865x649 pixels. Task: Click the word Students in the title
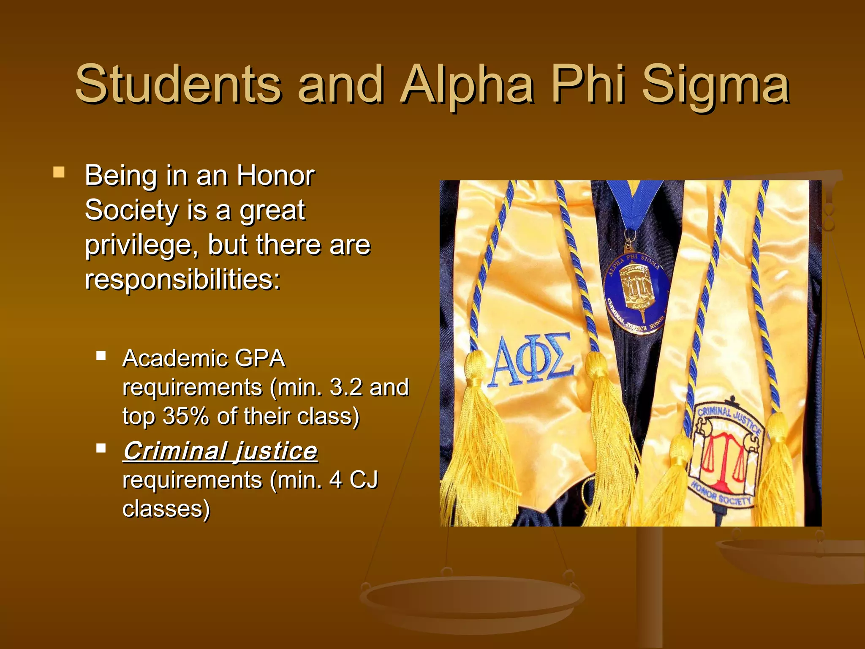[x=177, y=85]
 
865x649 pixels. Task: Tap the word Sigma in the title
[x=715, y=87]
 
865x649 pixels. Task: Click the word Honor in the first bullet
[x=275, y=175]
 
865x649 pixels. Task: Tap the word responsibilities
[x=182, y=280]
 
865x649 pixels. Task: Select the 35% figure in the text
[x=185, y=416]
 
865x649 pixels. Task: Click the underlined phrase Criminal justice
[x=220, y=451]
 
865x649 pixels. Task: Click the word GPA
[x=259, y=359]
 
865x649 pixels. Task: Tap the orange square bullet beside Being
[x=59, y=172]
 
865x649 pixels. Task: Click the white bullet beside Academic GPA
[x=101, y=355]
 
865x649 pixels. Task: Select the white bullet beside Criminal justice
[x=101, y=448]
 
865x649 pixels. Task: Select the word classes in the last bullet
[x=166, y=509]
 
